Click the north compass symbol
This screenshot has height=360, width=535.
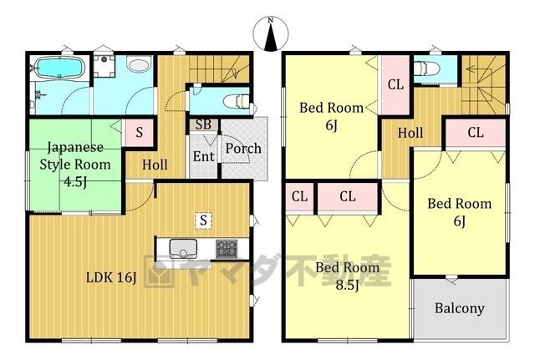(x=271, y=34)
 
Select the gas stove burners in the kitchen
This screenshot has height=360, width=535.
(x=227, y=249)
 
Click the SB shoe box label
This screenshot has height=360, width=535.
(x=203, y=124)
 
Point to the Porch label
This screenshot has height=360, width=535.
(x=243, y=149)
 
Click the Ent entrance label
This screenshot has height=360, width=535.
(x=204, y=156)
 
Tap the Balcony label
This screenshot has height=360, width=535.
(x=460, y=308)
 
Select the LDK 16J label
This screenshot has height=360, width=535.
(x=111, y=277)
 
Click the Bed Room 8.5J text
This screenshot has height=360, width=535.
(x=348, y=276)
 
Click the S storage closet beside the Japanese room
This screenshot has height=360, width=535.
(x=140, y=132)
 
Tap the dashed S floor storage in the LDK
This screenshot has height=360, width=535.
(x=203, y=221)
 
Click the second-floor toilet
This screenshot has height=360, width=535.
(x=425, y=68)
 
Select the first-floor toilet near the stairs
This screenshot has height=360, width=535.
(x=237, y=101)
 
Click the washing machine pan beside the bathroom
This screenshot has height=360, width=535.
(x=104, y=66)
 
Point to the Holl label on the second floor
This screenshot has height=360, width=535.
(x=410, y=133)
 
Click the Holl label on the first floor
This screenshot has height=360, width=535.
(x=155, y=165)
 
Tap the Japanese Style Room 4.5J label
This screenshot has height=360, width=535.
(x=75, y=165)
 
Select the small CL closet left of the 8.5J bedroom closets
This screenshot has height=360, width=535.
(x=299, y=196)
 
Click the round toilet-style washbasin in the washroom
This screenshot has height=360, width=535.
(x=139, y=63)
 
